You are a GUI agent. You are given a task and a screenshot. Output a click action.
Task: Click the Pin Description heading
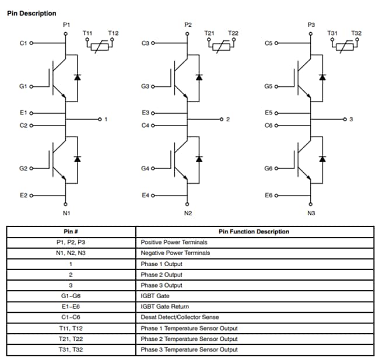pos(31,13)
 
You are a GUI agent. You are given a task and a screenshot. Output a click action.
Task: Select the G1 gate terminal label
pos(23,87)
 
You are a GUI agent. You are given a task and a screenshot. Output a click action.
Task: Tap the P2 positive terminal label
pos(188,25)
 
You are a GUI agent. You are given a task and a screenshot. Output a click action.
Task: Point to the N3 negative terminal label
pos(311,213)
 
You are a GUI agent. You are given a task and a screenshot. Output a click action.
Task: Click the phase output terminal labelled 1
pos(106,120)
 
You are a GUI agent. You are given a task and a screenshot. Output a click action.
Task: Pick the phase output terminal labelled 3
pos(351,120)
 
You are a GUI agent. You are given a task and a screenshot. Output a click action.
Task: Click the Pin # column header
pos(71,232)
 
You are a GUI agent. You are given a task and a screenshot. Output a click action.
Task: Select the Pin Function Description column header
pos(254,232)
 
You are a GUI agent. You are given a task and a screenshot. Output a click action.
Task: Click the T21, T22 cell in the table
pos(71,339)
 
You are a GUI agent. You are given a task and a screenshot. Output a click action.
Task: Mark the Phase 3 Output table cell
pos(162,285)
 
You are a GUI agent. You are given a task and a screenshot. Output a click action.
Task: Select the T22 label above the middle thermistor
pos(233,33)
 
